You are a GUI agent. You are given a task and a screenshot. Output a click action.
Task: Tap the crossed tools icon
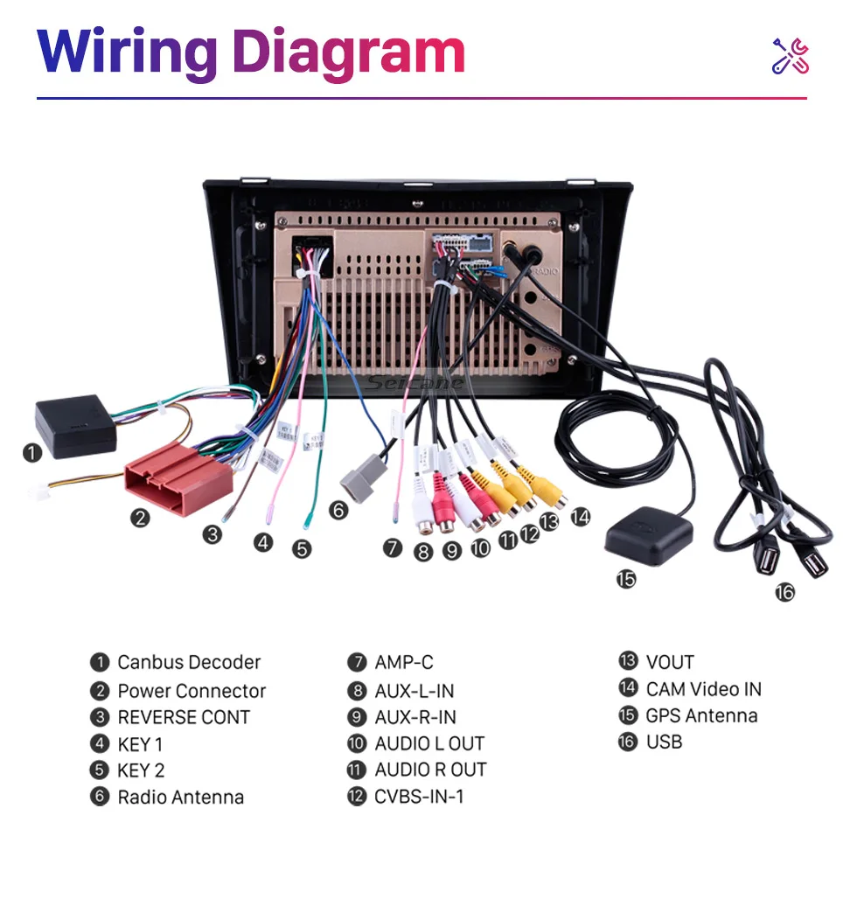(x=790, y=56)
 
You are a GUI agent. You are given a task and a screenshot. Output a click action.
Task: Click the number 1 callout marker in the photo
(x=32, y=452)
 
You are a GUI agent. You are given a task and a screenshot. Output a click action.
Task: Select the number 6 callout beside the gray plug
(x=338, y=510)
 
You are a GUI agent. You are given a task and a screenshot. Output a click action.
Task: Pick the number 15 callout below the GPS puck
(x=626, y=578)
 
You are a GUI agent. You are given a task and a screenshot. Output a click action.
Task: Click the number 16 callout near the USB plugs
(x=784, y=592)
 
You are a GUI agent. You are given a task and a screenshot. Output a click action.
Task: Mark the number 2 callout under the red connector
(x=140, y=518)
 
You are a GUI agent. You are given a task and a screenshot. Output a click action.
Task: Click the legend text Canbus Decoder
(x=189, y=663)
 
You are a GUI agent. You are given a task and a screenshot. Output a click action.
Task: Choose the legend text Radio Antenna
(x=180, y=798)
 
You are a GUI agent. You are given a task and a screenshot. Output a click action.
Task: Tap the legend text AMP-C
(x=403, y=663)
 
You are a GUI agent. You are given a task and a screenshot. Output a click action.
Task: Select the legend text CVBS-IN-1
(x=419, y=798)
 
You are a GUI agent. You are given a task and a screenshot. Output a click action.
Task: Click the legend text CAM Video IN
(x=703, y=689)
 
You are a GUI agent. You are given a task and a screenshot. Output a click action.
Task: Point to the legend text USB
(x=664, y=742)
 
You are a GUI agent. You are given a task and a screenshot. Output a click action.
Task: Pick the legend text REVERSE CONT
(x=184, y=717)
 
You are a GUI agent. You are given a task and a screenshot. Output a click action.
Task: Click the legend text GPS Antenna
(x=701, y=715)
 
